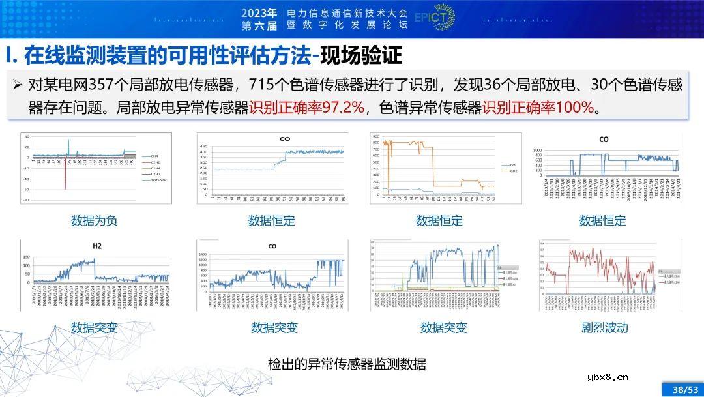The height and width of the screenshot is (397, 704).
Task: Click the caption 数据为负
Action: tap(94, 221)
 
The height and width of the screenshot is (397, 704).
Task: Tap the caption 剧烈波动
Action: tap(604, 327)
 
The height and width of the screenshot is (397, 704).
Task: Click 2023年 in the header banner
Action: tap(259, 12)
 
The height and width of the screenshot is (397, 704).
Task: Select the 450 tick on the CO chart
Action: tap(203, 147)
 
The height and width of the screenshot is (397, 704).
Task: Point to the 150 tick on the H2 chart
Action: tap(26, 257)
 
